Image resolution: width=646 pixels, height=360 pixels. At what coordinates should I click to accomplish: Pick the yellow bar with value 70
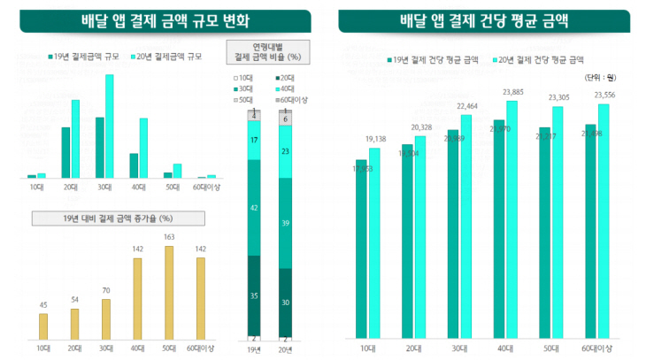tap(106, 318)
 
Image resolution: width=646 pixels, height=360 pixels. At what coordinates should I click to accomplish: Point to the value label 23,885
tap(511, 92)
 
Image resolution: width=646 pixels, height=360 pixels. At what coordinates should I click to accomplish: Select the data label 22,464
tap(466, 107)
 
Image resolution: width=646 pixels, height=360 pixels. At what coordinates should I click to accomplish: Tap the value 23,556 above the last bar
tap(604, 95)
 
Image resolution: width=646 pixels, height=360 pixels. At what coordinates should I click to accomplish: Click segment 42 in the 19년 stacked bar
tap(255, 208)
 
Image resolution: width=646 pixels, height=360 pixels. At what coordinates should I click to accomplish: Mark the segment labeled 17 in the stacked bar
tap(255, 141)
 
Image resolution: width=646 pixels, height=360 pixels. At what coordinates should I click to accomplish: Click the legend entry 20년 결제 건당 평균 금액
tap(541, 60)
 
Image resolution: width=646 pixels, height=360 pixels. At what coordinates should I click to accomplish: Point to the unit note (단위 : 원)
tap(599, 79)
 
